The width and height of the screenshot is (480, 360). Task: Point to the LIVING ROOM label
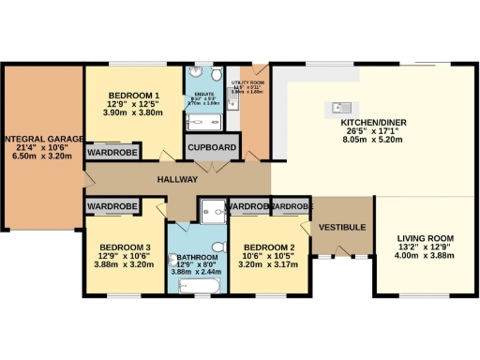point(424,237)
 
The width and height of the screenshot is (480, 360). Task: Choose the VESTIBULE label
point(335,227)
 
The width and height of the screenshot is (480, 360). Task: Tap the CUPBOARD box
point(211,148)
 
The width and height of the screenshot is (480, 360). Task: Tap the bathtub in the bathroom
point(200,284)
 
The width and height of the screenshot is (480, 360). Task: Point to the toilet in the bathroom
point(217,247)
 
